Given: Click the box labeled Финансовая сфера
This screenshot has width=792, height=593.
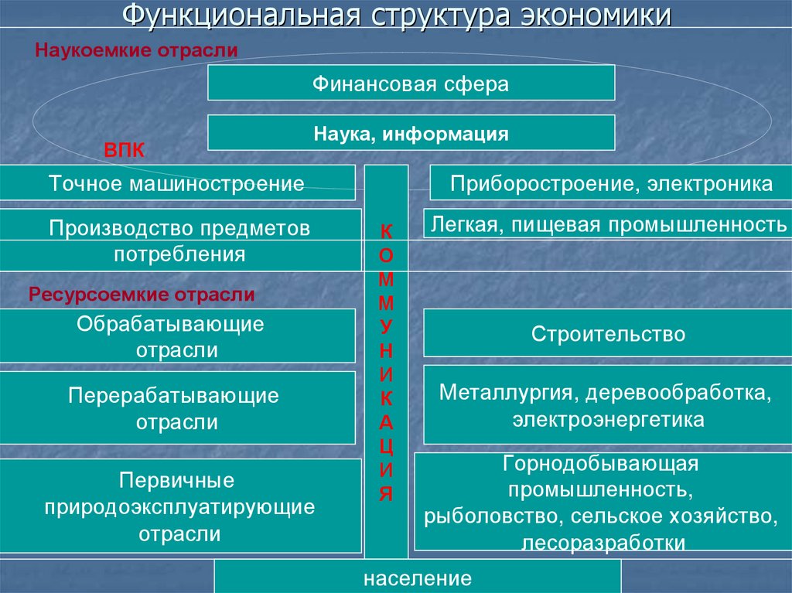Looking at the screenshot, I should [411, 83].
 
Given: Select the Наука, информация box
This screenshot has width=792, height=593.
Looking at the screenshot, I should [411, 133].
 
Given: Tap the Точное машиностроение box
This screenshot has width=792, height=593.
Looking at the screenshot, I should [177, 183].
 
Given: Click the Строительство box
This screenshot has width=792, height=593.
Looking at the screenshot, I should [608, 334].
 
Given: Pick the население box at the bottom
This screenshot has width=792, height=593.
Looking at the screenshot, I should [418, 578].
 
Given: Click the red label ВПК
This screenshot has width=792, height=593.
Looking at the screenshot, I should [124, 149].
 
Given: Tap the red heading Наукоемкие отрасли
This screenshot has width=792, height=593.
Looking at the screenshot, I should [136, 50].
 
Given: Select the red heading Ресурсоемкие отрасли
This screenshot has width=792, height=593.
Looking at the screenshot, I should [142, 295].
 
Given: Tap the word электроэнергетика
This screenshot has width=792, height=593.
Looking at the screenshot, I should [608, 420].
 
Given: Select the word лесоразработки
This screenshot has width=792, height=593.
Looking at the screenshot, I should [603, 542].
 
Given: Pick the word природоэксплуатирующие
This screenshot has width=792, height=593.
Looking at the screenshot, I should [179, 507].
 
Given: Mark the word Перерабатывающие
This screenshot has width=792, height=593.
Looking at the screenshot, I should [173, 396].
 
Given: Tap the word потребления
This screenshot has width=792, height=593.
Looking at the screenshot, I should [179, 254].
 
